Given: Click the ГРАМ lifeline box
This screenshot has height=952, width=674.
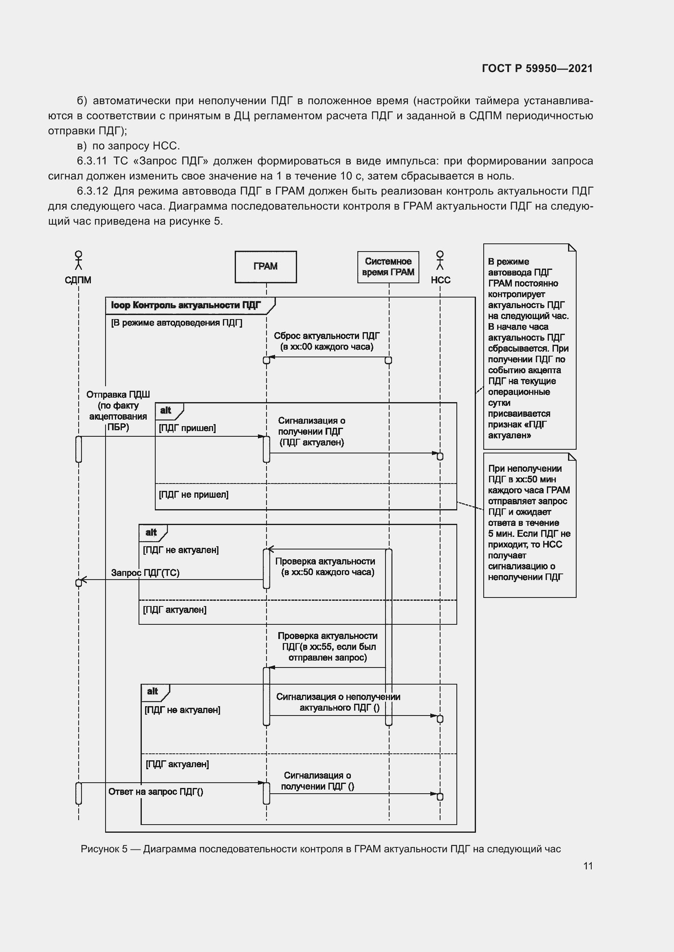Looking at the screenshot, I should pos(266,267).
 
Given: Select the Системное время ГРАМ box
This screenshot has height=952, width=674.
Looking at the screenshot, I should pos(388,267).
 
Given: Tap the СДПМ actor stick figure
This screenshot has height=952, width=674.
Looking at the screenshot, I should pos(78,260).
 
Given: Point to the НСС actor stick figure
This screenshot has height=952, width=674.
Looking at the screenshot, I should pos(440,260).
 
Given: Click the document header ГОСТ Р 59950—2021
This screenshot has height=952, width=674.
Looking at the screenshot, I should pos(537,68).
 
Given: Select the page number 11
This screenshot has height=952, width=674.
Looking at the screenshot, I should pos(588,866).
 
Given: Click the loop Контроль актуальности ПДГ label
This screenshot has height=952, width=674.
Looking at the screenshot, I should pos(186,305).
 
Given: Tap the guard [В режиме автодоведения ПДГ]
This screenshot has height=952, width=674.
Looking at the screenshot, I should pos(176,323).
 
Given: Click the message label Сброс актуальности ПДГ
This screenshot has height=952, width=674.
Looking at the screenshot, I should pos(327,336).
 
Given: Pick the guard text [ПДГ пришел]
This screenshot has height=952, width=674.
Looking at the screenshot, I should pos(187,428).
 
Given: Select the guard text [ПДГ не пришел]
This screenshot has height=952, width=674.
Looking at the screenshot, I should pos(194,494).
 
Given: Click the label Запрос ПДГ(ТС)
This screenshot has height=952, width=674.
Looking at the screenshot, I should pos(145,573).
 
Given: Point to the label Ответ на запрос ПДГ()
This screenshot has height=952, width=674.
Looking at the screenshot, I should pos(156,792).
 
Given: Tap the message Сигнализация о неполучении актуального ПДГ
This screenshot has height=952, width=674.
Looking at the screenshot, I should pos(338,702).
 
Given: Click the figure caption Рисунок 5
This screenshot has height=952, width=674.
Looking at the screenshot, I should pos(320,849).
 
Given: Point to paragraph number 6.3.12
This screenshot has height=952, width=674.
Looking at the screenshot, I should pos(92,191).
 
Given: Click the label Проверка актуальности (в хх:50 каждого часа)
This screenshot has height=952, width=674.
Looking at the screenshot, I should pos(325,567).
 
